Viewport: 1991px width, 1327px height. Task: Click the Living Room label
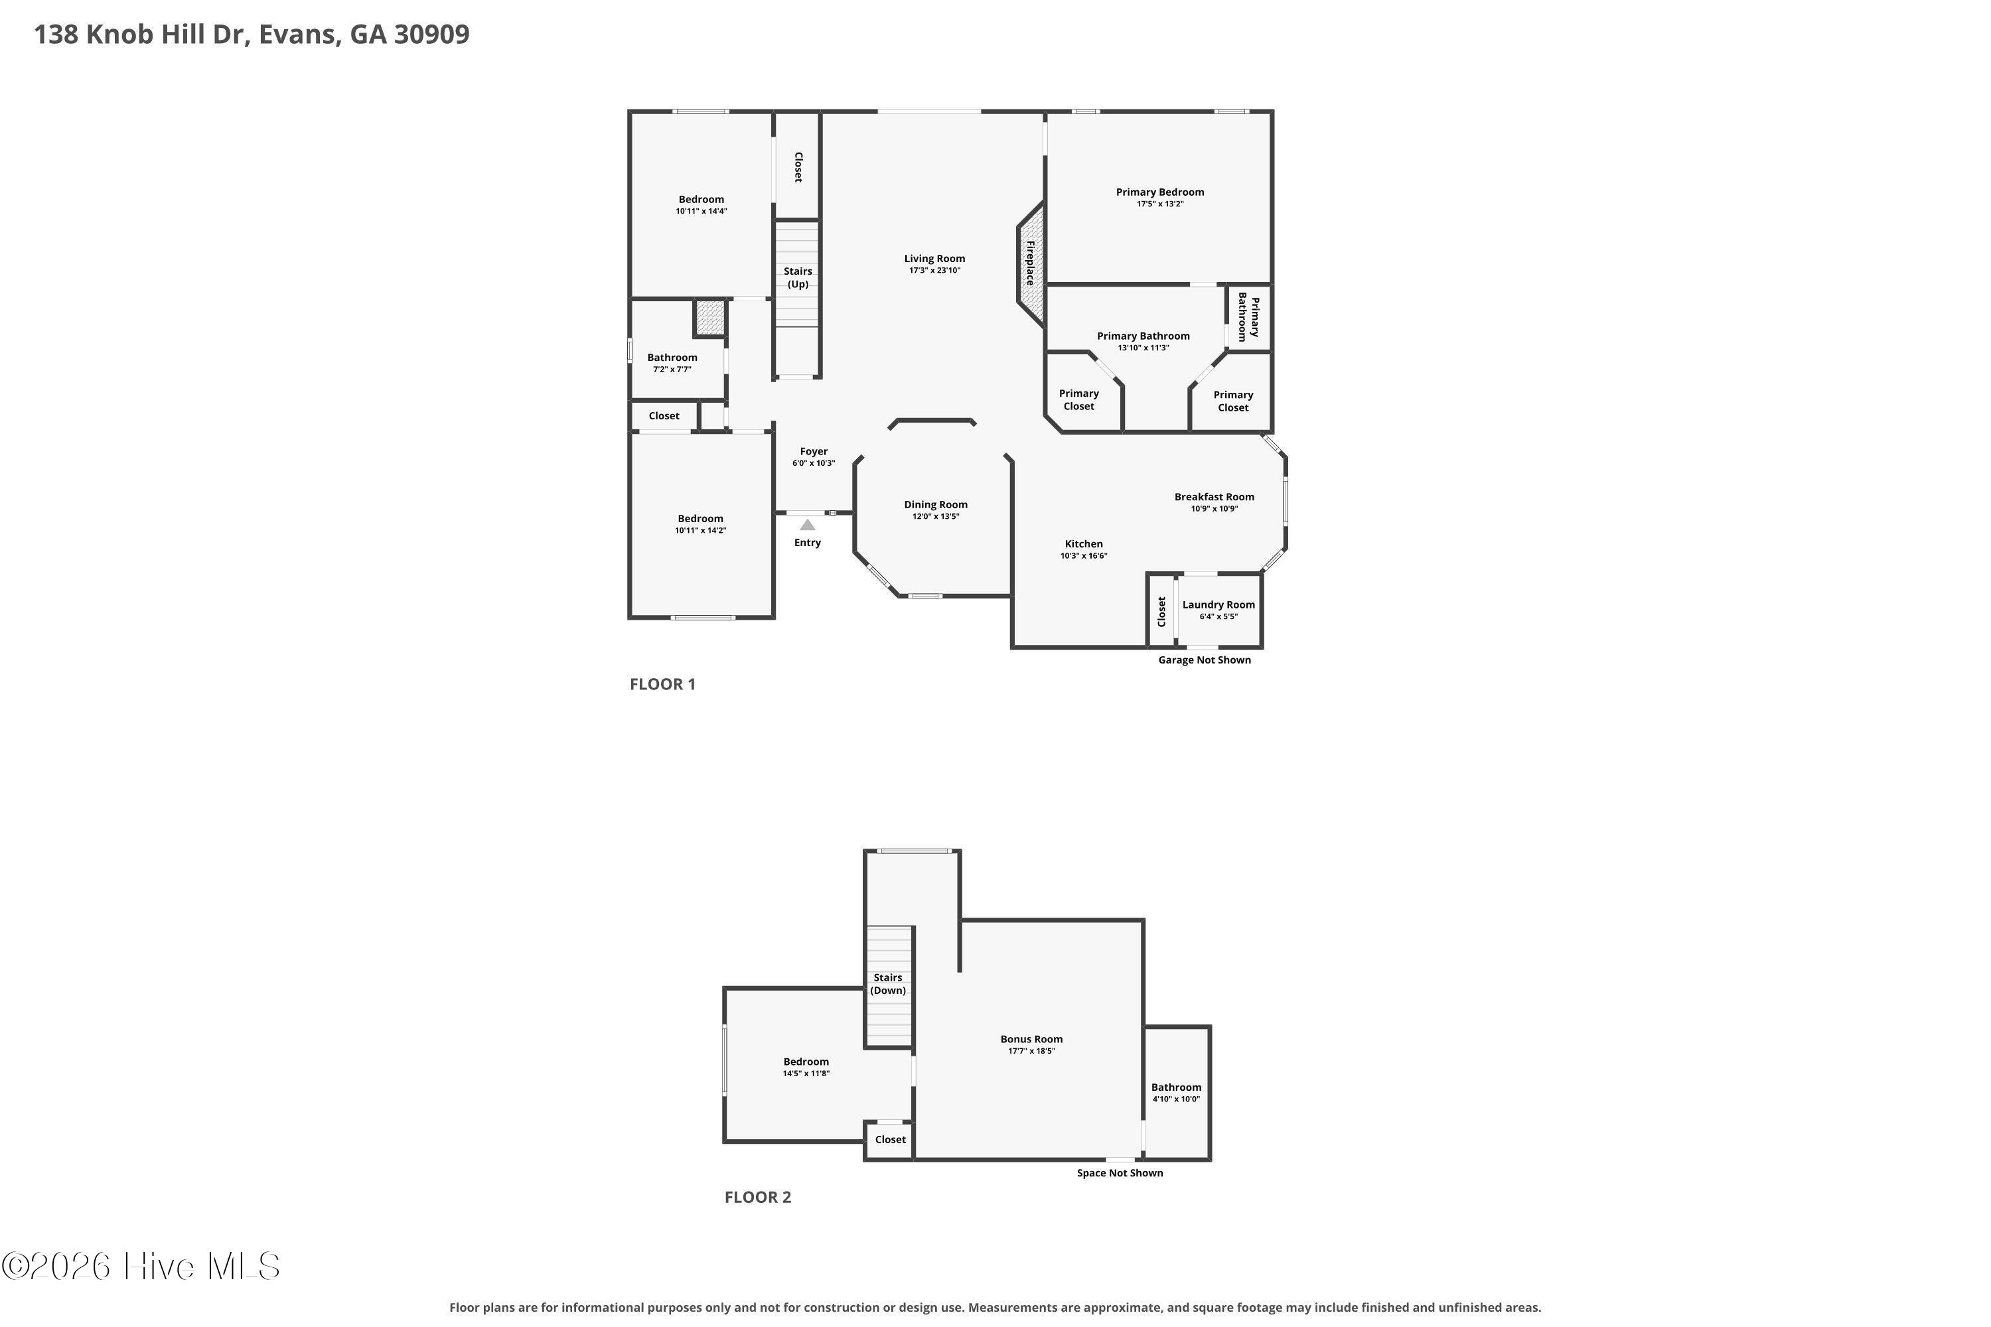coord(934,259)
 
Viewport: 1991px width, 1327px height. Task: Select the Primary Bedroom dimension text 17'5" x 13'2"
coord(1159,204)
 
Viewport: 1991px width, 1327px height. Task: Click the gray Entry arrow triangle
coord(808,525)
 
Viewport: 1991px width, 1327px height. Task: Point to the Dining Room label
coord(935,504)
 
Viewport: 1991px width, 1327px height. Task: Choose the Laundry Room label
coord(1218,604)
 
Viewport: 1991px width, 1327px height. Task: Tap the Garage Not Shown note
coord(1205,660)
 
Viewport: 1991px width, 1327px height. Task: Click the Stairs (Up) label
coord(798,277)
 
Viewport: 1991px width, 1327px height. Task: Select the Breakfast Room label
coord(1214,497)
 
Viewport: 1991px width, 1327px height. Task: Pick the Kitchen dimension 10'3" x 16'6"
coord(1084,556)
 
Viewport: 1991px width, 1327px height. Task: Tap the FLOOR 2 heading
coord(758,1197)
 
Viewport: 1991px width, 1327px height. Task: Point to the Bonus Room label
coord(1031,1039)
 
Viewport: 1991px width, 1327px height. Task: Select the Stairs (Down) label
coord(888,984)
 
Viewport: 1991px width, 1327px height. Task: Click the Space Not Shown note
coord(1120,1173)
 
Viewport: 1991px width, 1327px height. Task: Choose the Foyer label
coord(814,452)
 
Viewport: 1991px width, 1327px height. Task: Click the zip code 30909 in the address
coord(432,35)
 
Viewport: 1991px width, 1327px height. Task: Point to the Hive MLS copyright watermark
coord(141,1267)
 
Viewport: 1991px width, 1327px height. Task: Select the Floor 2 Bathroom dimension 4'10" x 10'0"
coord(1176,1099)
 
